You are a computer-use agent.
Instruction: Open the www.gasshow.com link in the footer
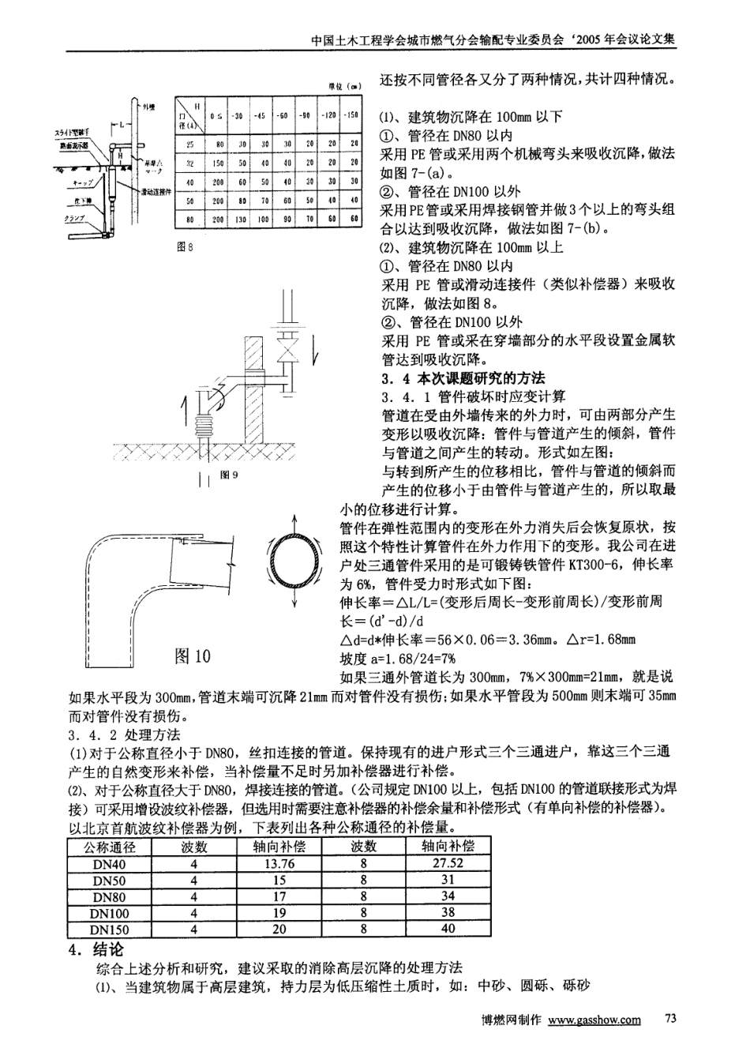pos(594,1020)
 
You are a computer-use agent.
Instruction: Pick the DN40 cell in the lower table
pos(109,863)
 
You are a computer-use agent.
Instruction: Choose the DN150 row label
pos(109,930)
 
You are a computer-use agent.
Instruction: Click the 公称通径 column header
pos(109,846)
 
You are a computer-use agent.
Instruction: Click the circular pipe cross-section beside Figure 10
pos(294,563)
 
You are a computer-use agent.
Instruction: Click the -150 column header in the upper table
pos(352,115)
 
